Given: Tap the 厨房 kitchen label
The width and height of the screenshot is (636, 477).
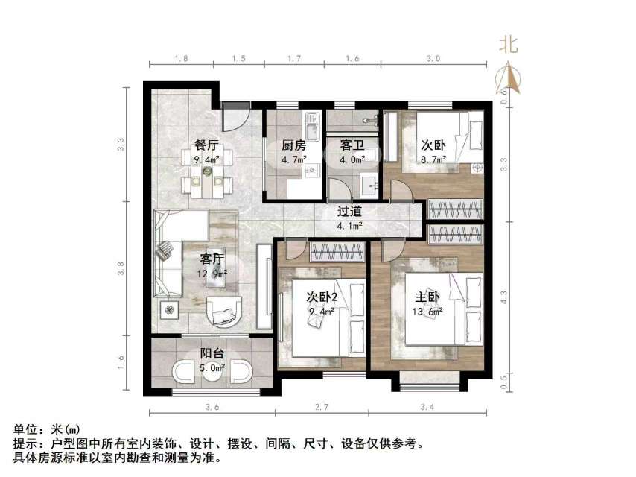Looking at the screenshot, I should [293, 145].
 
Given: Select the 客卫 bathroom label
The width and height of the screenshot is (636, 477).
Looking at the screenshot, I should [351, 145].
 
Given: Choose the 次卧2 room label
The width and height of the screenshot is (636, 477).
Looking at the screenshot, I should [322, 297].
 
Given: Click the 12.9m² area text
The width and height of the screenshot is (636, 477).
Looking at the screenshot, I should [212, 274].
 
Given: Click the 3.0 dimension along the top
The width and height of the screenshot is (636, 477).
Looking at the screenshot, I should [433, 58].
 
